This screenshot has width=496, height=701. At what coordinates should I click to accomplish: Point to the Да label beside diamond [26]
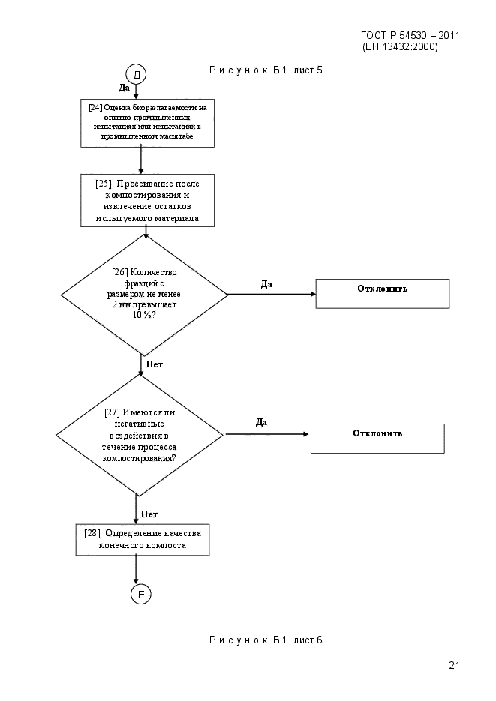(x=266, y=284)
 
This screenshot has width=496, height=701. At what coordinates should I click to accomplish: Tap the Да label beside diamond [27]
(x=261, y=423)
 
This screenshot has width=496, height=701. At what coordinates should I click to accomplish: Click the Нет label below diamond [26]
(x=155, y=364)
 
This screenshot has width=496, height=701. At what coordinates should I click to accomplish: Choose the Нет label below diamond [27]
(x=149, y=514)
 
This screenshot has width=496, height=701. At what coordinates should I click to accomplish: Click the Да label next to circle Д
(x=124, y=88)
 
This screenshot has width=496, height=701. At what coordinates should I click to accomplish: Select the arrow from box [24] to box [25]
(x=141, y=161)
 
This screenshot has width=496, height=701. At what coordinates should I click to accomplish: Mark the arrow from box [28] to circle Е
(x=136, y=570)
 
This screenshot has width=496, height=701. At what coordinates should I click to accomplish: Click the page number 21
(x=455, y=665)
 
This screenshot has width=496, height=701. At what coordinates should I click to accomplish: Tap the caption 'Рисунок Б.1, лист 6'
(x=266, y=640)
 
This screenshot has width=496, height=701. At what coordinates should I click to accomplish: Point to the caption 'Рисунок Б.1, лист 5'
(x=266, y=70)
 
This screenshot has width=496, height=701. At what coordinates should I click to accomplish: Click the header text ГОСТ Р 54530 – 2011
(x=410, y=35)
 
